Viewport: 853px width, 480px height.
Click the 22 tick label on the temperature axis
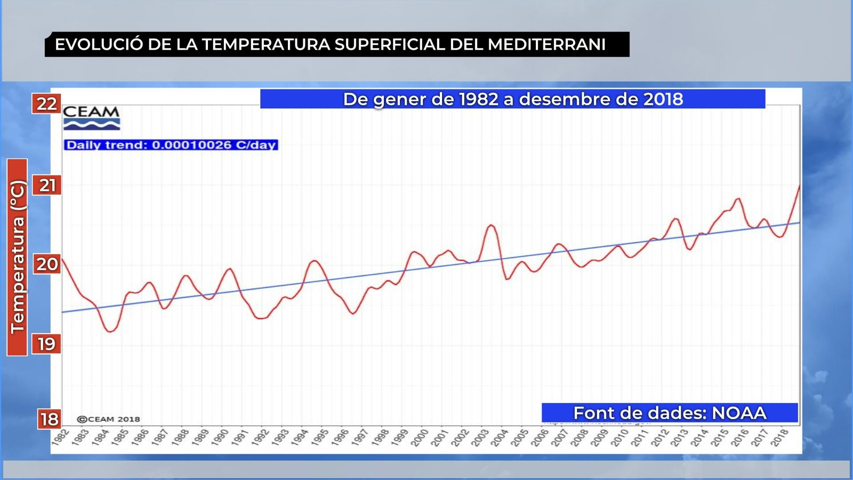[46, 103]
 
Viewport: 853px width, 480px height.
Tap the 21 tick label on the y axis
[47, 185]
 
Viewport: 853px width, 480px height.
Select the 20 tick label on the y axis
[47, 264]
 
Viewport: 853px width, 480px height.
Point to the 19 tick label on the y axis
[46, 344]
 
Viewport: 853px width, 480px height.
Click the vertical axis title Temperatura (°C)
[17, 257]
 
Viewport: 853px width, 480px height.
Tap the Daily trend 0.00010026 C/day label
[171, 145]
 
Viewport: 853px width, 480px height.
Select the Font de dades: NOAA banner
[670, 413]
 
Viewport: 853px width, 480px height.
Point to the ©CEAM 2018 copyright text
[109, 419]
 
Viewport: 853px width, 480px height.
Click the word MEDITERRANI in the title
[546, 44]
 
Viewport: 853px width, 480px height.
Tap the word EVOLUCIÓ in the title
[99, 44]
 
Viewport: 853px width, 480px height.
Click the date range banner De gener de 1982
[512, 99]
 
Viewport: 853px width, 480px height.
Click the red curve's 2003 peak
[491, 225]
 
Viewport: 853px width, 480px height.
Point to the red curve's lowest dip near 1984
[110, 332]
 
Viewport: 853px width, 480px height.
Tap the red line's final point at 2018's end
[799, 186]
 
